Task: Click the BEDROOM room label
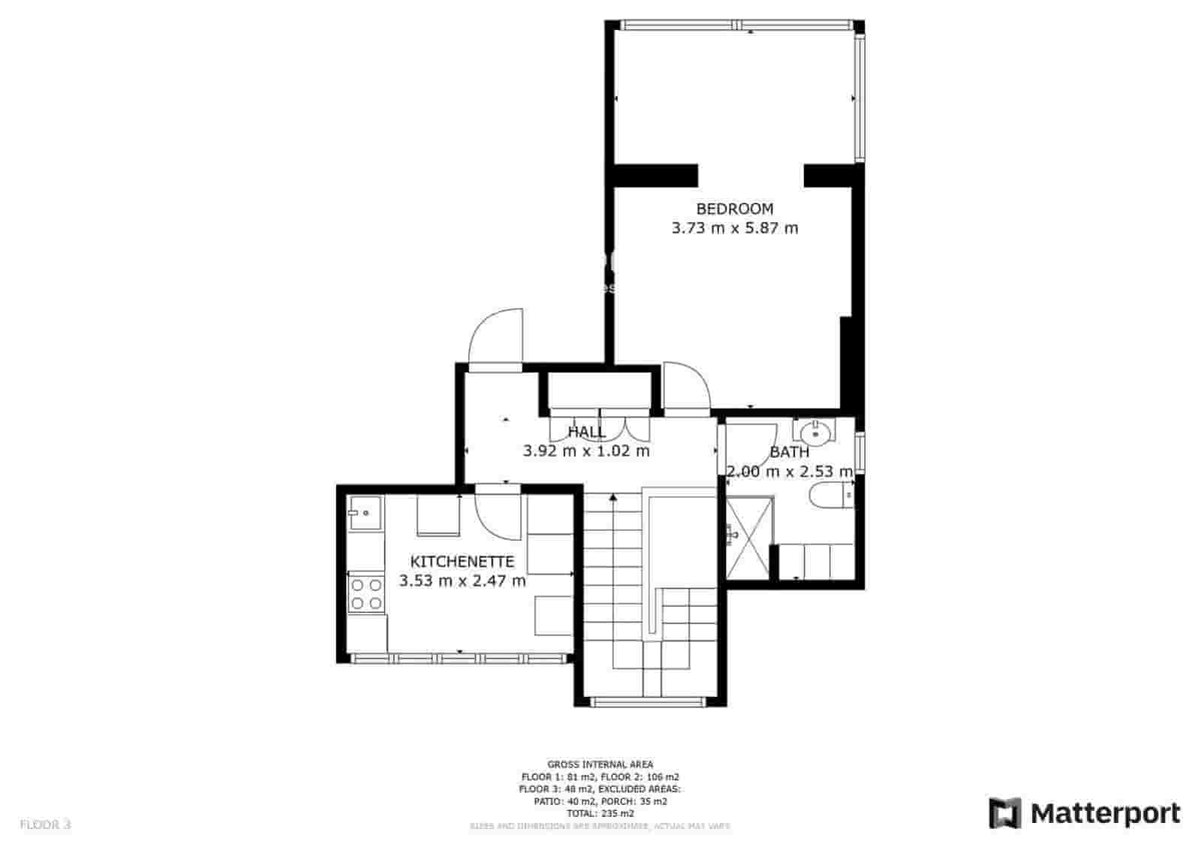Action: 734,209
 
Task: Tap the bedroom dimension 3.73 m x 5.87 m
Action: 734,228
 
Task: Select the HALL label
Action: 586,432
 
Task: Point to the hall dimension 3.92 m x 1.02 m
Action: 586,451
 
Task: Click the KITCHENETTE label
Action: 462,562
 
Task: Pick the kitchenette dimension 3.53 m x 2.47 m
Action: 462,581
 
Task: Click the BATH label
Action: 790,452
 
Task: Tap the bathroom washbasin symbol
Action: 814,433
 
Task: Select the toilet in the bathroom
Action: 830,496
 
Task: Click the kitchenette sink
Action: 365,514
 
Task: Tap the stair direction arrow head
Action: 613,496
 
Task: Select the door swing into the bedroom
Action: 685,386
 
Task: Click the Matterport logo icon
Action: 1005,813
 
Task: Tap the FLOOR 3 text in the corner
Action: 45,824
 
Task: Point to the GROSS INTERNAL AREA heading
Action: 600,764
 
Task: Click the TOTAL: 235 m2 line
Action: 600,813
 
